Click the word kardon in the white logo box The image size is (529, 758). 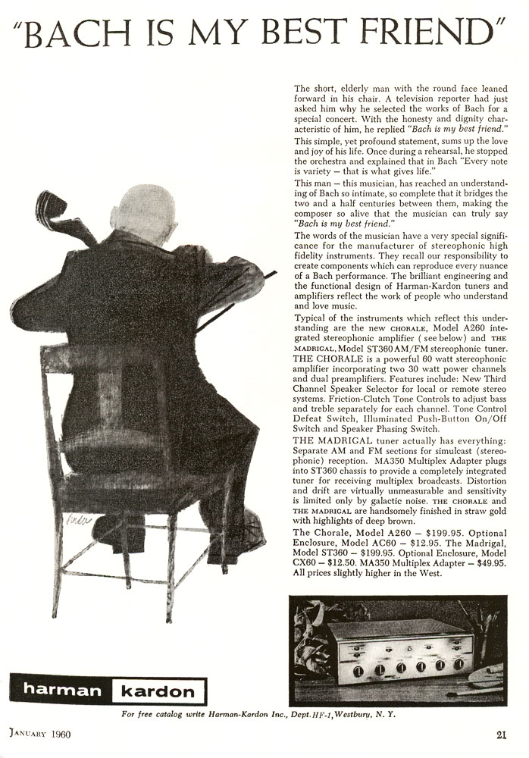coord(158,690)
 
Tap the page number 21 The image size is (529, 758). coord(501,733)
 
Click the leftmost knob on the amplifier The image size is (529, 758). coord(359,670)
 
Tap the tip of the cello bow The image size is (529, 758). coord(274,271)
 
